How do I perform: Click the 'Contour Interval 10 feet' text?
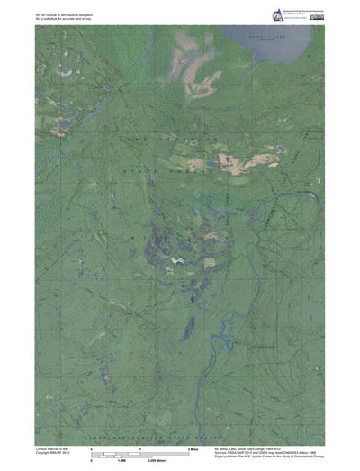click(x=52, y=448)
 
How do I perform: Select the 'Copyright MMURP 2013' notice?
click(x=53, y=452)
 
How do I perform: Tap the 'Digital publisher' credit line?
click(x=271, y=457)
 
